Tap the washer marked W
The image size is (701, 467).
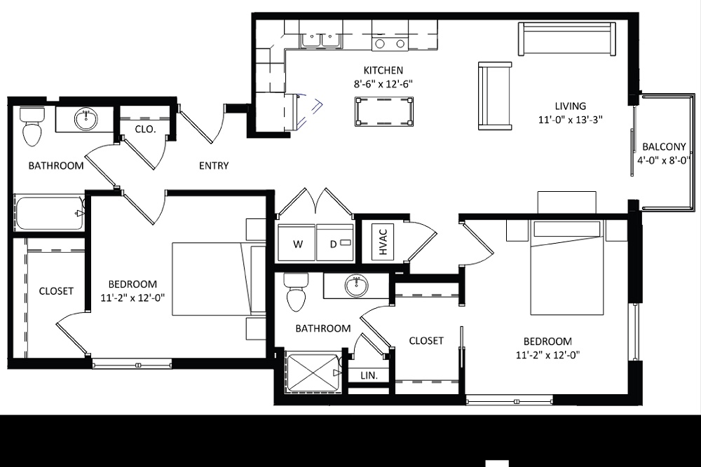(297, 244)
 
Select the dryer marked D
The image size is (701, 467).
(334, 244)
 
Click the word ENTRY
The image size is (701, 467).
(214, 166)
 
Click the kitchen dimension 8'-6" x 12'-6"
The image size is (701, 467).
(383, 83)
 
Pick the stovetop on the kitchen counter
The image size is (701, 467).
(390, 43)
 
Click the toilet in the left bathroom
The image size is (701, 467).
(32, 126)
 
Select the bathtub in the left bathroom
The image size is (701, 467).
(49, 213)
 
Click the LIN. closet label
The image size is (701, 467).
(369, 376)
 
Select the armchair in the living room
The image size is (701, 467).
(495, 96)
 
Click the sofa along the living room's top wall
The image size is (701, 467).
(566, 39)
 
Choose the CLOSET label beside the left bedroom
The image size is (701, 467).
(56, 291)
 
